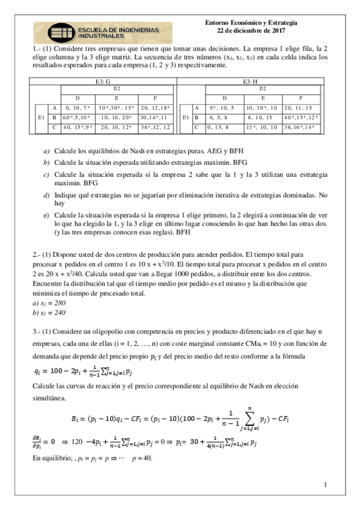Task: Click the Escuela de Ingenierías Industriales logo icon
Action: (52, 32)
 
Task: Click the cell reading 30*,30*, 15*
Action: (117, 107)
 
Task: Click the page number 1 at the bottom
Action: (325, 485)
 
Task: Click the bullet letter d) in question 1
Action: (46, 195)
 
